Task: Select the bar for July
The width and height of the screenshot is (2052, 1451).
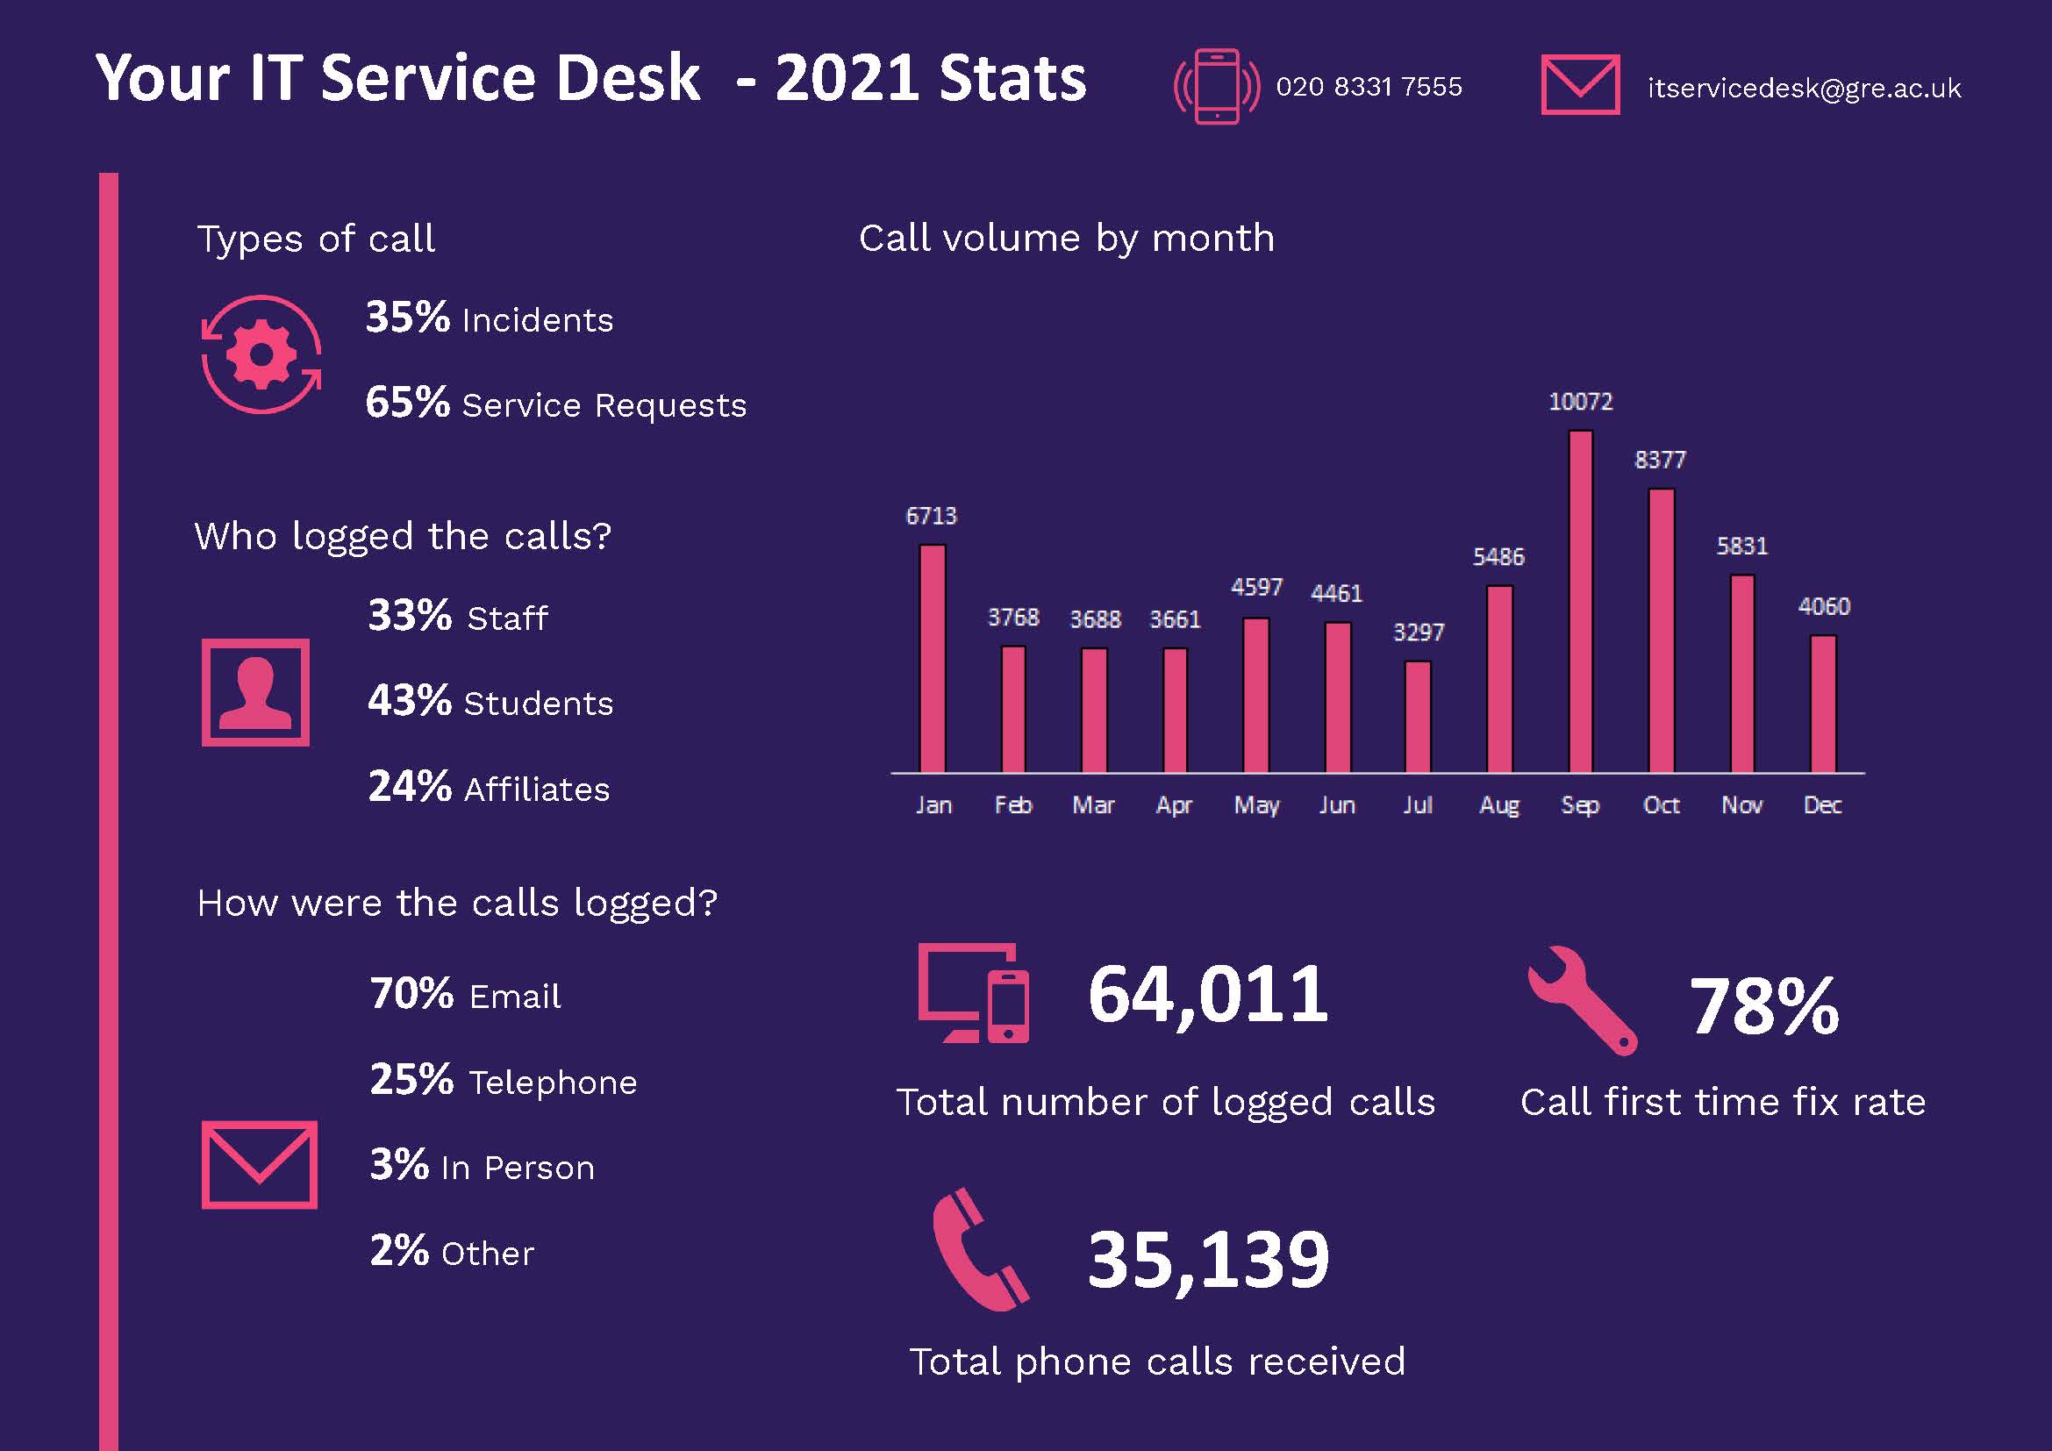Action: tap(1418, 717)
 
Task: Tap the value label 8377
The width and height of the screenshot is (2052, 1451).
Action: tap(1660, 461)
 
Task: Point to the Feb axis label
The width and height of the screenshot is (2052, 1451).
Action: tap(1012, 805)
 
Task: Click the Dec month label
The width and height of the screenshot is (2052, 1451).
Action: tap(1822, 805)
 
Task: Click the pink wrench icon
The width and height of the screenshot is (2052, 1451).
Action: tap(1582, 1000)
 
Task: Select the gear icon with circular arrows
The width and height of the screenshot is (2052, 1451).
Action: tap(261, 354)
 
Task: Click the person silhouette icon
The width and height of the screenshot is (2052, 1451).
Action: tap(255, 692)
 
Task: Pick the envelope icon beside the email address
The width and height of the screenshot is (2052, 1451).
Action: tap(1580, 85)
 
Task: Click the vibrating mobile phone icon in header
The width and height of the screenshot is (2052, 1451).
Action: tap(1216, 86)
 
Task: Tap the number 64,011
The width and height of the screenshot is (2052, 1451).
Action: tap(1207, 995)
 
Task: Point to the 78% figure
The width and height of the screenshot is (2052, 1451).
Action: tap(1763, 1007)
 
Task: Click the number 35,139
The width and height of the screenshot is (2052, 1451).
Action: tap(1207, 1260)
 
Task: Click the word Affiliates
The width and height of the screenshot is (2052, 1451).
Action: tap(537, 790)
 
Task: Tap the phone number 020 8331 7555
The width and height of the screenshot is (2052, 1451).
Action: tap(1369, 87)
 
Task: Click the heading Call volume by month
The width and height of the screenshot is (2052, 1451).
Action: tap(1066, 239)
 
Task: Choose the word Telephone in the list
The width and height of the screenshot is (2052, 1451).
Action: tap(553, 1083)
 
